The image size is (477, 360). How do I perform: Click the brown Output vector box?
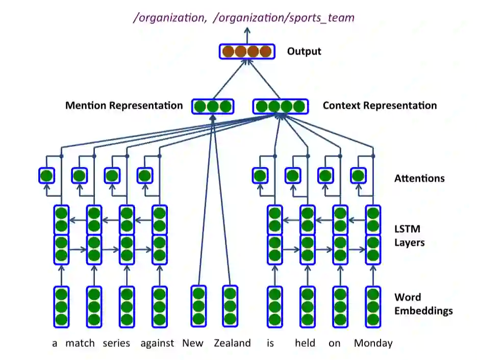coord(247,52)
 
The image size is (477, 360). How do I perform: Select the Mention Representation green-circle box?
coord(213,107)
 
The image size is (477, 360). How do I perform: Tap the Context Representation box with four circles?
coord(281,107)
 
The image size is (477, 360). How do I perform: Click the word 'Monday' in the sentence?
coord(373,343)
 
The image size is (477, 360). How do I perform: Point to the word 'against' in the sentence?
coord(157,343)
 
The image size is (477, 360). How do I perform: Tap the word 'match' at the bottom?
coord(80,343)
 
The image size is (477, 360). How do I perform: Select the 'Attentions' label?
coord(419,178)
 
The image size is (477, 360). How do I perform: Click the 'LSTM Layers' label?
coord(409,236)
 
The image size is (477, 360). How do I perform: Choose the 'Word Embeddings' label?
coord(423,304)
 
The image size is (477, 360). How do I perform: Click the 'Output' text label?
coord(304,52)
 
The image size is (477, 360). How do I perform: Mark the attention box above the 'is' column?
coord(260,176)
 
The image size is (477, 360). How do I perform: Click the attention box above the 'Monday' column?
coord(358,176)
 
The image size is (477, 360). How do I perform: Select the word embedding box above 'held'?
coord(307,306)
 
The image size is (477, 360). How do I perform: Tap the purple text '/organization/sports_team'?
coord(284,18)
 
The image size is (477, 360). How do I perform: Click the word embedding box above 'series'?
coord(127,306)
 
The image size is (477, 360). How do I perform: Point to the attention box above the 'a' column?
coord(46,176)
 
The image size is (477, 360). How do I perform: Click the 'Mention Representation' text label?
coord(124,106)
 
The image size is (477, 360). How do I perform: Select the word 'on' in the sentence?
coord(334,343)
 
